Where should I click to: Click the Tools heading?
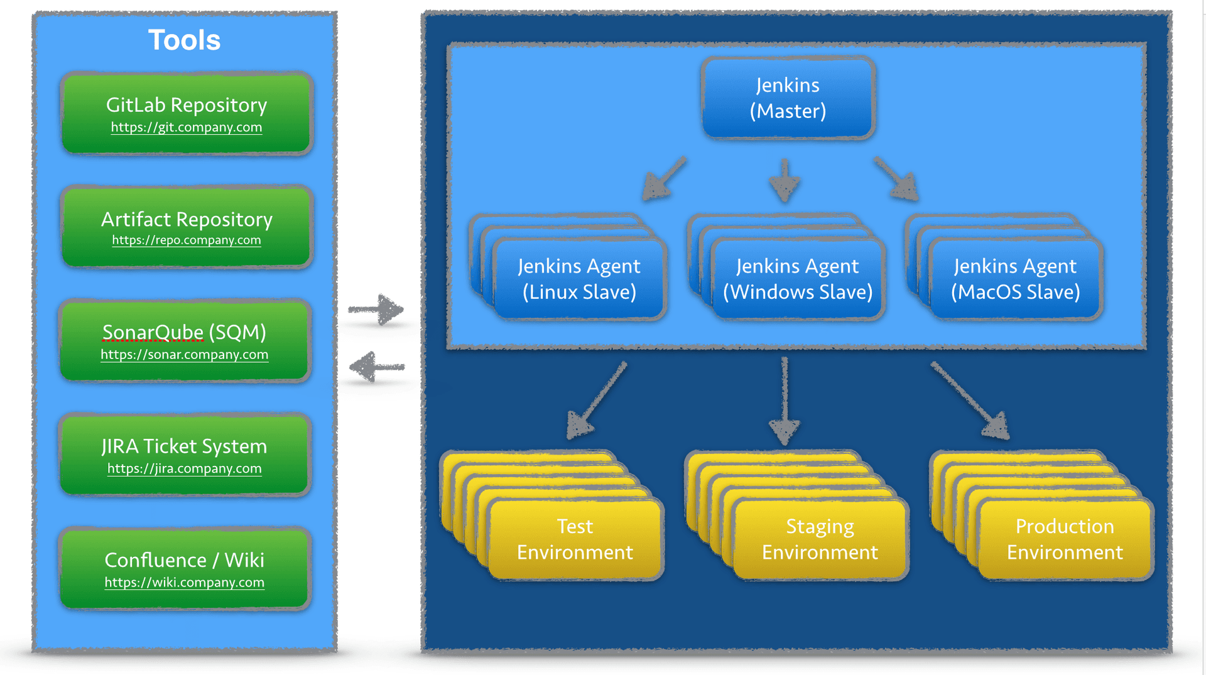(184, 40)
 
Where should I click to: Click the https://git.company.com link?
(187, 127)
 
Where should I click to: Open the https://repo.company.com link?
(187, 240)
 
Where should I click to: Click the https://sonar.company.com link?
(184, 355)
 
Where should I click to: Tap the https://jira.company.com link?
(184, 469)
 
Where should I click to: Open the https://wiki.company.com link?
(184, 583)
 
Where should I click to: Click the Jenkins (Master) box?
(788, 98)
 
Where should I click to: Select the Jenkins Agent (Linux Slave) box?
(579, 279)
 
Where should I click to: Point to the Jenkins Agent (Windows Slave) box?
(798, 279)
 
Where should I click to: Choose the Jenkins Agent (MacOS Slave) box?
(1015, 279)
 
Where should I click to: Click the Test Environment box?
(575, 539)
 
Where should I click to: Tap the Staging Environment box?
(820, 539)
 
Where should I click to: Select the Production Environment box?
(1065, 539)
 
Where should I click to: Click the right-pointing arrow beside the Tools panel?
(377, 309)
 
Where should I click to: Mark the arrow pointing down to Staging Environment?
(785, 402)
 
